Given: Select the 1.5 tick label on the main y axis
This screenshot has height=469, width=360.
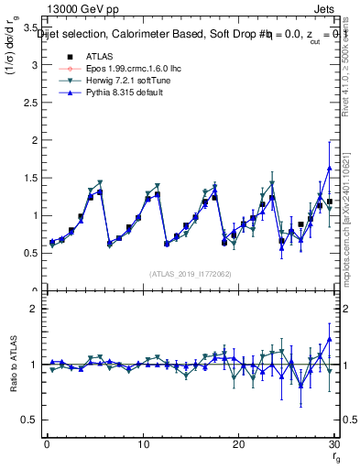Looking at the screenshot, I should (29, 179).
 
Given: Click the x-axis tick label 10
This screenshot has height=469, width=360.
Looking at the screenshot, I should (142, 444).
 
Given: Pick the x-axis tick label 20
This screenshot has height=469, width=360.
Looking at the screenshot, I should (238, 444).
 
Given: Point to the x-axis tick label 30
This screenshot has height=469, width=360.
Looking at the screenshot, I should (333, 444).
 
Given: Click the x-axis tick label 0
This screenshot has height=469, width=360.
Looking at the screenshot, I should (47, 444).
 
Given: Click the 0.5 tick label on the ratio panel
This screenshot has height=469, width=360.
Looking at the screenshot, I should (29, 420).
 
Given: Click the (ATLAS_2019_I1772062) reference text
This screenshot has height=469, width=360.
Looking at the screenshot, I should (190, 274).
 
